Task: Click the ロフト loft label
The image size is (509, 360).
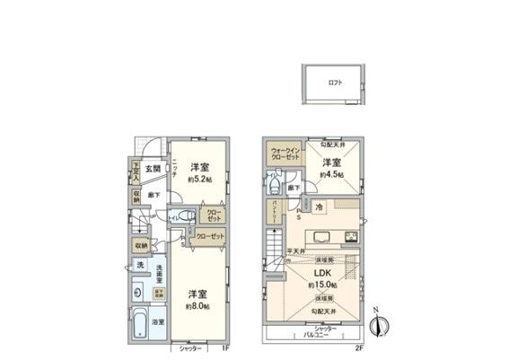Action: click(335, 83)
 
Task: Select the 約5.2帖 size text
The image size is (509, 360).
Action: click(199, 179)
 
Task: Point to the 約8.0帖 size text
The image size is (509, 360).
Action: click(198, 305)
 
